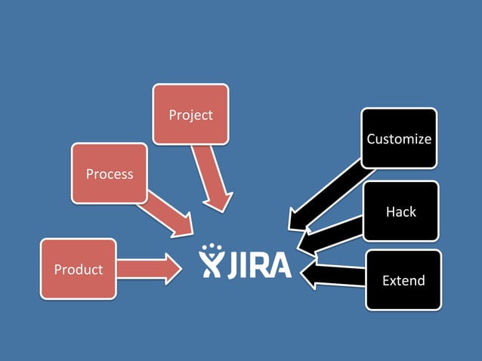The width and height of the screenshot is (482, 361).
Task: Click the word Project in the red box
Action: [x=190, y=115]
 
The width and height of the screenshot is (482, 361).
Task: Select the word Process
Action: [x=110, y=174]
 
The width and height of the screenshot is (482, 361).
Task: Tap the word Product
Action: [x=79, y=270]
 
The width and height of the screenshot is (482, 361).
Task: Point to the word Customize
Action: [x=399, y=139]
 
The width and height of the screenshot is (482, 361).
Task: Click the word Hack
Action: [x=400, y=211]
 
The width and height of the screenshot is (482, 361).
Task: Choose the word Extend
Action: [x=403, y=281]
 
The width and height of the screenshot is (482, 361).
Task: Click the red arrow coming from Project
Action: [x=212, y=177]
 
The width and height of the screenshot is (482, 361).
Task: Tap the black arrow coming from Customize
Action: [x=325, y=193]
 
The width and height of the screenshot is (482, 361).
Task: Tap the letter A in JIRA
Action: [x=277, y=264]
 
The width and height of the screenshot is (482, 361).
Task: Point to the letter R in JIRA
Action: [x=258, y=264]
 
